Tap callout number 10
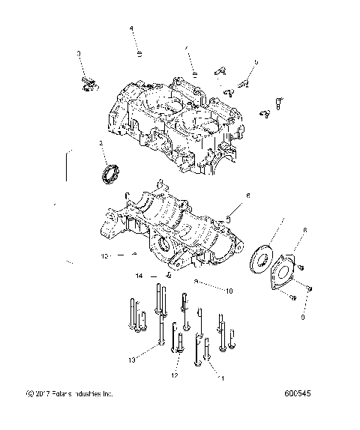point(229,289)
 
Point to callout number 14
point(139,276)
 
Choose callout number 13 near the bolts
point(131,360)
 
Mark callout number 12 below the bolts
point(175,374)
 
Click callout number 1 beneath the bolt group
point(221,379)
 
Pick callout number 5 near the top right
point(256,63)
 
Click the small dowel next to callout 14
point(169,275)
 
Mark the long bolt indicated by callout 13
point(160,330)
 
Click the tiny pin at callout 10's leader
point(196,281)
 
